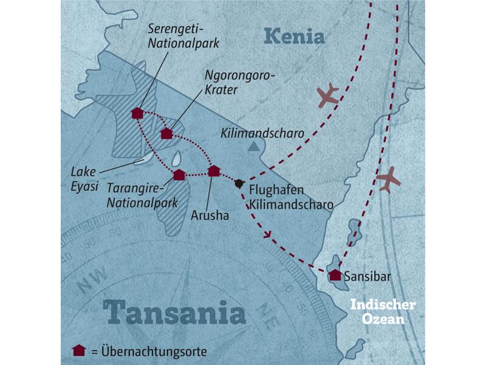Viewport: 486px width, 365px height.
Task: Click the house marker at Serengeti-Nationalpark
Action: click(x=137, y=113)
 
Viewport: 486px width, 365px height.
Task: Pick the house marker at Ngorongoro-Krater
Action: click(x=166, y=133)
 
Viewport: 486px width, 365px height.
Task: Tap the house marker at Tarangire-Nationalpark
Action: click(x=179, y=175)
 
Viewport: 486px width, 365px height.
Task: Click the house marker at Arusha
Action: click(x=213, y=171)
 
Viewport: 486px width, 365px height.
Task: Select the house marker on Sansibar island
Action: click(x=335, y=275)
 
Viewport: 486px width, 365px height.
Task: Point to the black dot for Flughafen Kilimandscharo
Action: click(x=239, y=184)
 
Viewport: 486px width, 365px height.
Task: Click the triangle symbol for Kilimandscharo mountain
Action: click(x=253, y=146)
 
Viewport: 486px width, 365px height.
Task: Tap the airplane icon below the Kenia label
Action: click(x=327, y=95)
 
